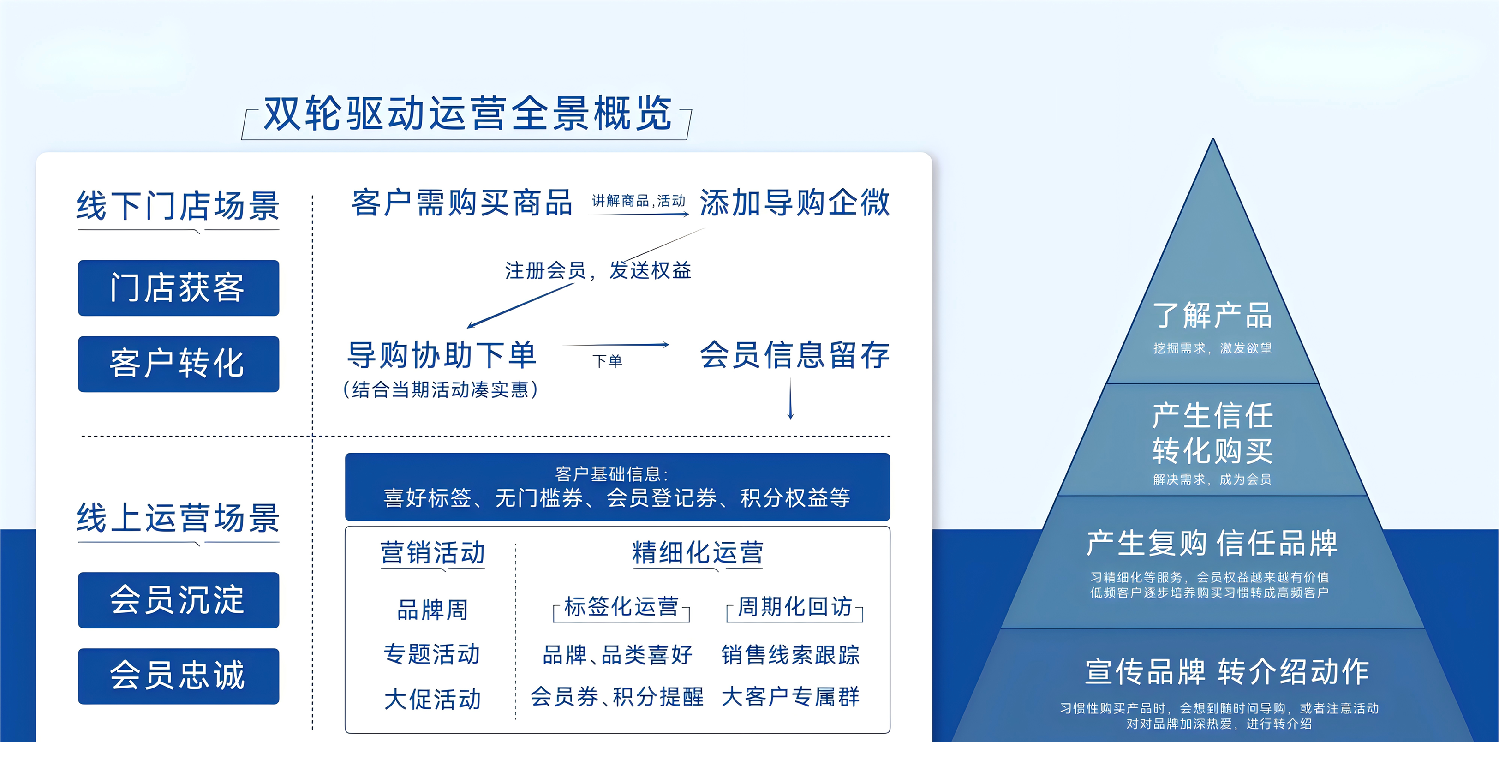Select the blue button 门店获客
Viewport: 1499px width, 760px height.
[x=179, y=288]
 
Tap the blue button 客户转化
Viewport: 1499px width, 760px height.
[x=179, y=364]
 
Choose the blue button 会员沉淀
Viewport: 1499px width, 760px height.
[x=179, y=600]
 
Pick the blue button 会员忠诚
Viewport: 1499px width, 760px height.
[x=179, y=676]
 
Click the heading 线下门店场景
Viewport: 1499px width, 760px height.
[x=178, y=205]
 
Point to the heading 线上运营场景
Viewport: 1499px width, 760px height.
[x=178, y=517]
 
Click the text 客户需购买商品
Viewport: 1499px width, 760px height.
[x=462, y=203]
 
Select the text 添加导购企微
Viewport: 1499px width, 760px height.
[x=794, y=203]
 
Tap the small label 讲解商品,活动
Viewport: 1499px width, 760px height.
[x=639, y=201]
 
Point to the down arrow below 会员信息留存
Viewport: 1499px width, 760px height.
[x=790, y=399]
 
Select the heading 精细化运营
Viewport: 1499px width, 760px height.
[x=697, y=552]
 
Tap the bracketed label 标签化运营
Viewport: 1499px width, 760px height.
[x=621, y=607]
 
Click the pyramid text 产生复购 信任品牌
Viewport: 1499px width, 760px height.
[x=1212, y=543]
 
